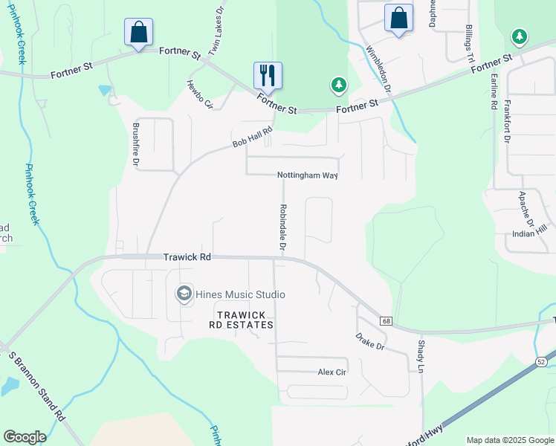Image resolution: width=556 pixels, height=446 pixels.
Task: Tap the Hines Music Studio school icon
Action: tap(184, 294)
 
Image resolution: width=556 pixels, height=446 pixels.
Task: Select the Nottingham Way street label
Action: tap(308, 175)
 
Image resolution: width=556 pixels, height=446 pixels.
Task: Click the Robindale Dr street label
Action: tap(283, 227)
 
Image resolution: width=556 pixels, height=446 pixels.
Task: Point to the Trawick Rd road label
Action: tap(187, 257)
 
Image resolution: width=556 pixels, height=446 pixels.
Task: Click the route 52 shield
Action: tap(542, 361)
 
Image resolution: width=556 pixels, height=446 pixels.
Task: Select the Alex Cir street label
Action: tap(332, 372)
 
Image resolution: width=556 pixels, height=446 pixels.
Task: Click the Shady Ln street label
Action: tap(421, 357)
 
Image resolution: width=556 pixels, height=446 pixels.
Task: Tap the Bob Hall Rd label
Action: tap(253, 138)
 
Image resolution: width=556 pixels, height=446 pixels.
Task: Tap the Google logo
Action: tap(25, 437)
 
